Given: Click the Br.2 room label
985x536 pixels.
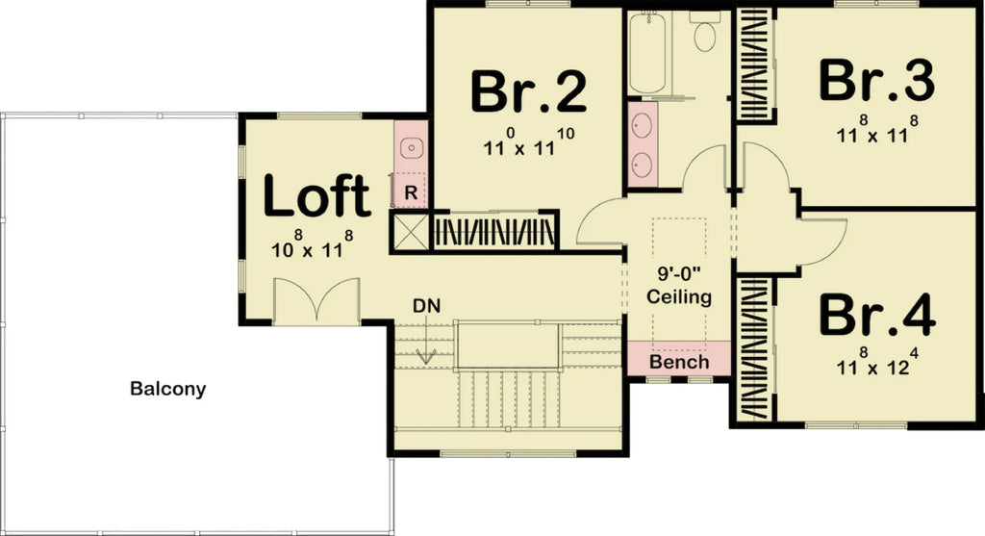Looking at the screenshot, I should pos(528,91).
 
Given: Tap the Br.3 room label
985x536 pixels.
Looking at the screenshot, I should pos(876,80).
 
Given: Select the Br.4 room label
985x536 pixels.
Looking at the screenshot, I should pos(876,314).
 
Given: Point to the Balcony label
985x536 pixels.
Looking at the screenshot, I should pos(168,390).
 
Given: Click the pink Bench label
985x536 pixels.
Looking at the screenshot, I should pos(679,363).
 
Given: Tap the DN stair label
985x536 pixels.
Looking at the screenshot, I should pos(425,308).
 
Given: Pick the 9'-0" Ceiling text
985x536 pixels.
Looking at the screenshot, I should pos(679,287).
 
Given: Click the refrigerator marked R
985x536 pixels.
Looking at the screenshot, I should pos(410,192).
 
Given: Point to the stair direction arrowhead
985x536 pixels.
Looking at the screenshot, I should pos(425,357).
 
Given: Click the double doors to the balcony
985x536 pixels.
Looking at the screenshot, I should pos(316,300).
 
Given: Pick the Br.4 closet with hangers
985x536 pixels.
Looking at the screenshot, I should pos(754,348).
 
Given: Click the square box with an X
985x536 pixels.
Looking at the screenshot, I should pos(409,232).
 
